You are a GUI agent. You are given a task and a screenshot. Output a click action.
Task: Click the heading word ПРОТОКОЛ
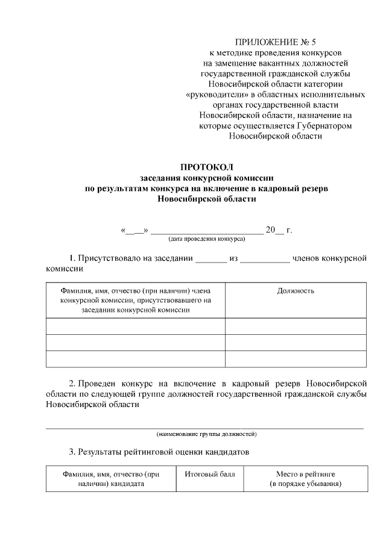(206, 167)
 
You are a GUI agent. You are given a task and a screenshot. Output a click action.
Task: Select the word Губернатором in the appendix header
(324, 126)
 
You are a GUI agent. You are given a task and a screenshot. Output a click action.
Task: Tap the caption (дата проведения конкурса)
(206, 239)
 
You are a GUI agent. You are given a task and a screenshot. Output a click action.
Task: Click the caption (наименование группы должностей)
(207, 434)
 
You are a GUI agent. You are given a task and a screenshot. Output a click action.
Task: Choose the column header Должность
(296, 291)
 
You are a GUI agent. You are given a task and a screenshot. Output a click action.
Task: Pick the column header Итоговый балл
(210, 474)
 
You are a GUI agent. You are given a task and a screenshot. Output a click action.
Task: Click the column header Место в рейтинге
(305, 474)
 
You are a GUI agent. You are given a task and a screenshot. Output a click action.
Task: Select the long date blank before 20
(207, 231)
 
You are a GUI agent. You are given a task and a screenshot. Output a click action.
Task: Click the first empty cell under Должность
(296, 326)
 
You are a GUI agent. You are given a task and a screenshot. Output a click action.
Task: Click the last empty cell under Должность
(296, 358)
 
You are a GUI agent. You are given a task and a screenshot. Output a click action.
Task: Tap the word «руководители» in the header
(215, 95)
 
